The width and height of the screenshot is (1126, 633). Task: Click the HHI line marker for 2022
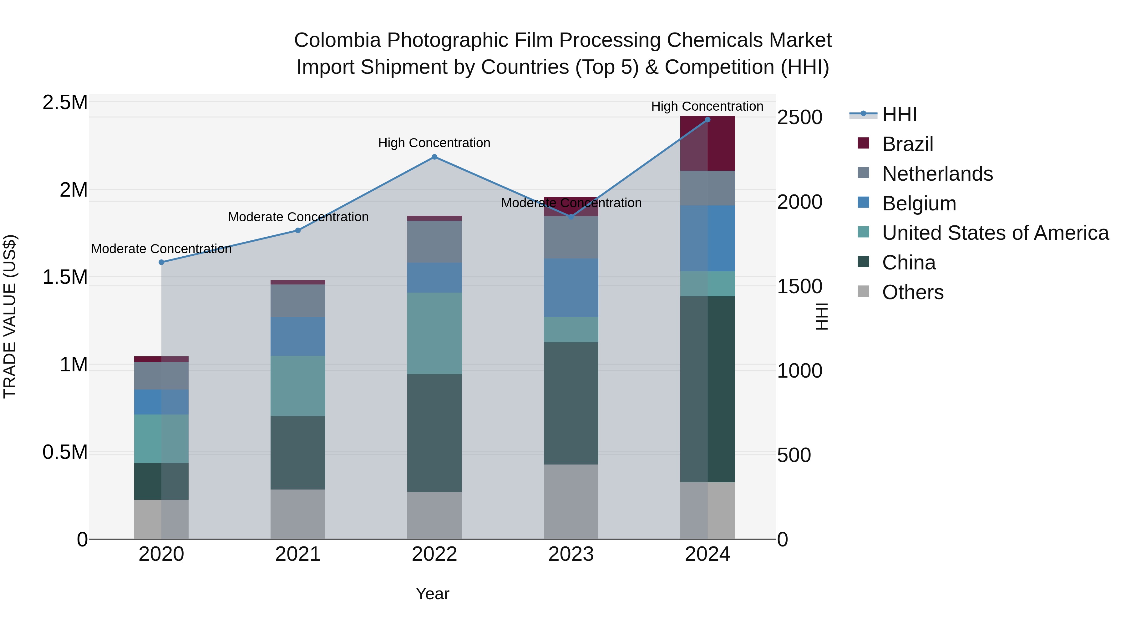point(434,157)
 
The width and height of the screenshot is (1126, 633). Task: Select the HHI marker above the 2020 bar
point(161,262)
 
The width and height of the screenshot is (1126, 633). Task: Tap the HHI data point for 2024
point(708,120)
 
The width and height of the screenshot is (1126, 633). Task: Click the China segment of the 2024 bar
point(708,389)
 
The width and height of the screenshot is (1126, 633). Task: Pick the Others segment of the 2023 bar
point(571,501)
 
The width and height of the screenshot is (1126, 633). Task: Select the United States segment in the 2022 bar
point(434,333)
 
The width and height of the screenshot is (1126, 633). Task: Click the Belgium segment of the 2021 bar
point(298,336)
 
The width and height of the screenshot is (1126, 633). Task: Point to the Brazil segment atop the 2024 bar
point(708,143)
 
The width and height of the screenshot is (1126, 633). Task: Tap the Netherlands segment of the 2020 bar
point(161,376)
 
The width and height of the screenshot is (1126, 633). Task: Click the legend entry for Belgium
point(919,203)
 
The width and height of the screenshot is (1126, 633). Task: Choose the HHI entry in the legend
point(899,114)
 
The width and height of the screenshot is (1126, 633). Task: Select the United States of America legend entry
point(995,233)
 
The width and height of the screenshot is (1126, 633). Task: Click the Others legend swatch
point(863,291)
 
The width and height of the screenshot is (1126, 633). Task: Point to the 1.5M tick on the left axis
point(65,277)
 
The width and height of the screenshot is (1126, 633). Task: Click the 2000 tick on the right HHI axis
point(799,202)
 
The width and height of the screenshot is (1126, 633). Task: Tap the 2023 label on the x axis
point(571,554)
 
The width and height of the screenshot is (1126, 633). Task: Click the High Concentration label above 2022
point(434,143)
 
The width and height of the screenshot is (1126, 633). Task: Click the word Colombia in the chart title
point(337,40)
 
